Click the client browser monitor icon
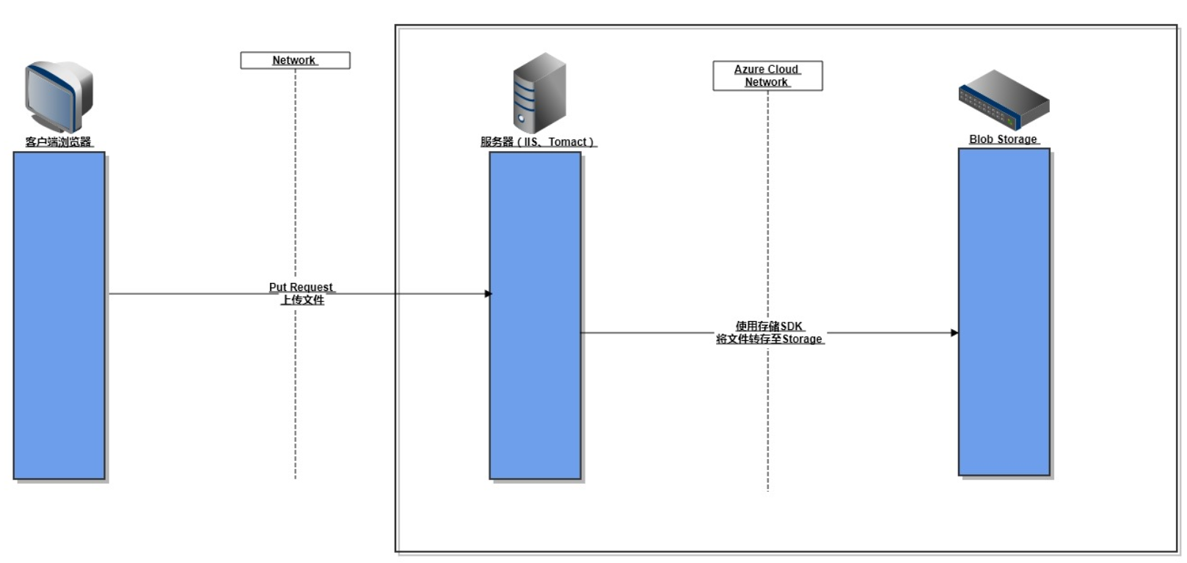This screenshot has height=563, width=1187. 59,95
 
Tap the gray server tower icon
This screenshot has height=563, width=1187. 539,93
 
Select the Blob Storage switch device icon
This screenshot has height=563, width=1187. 1004,100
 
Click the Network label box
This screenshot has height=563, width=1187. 295,60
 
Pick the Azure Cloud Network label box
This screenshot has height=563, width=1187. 767,76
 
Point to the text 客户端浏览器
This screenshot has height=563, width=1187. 59,141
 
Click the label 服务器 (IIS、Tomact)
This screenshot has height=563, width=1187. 538,141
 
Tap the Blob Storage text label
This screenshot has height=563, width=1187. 1003,139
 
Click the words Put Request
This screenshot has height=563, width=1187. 301,287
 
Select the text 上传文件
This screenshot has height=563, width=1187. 302,300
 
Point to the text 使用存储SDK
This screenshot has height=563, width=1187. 769,325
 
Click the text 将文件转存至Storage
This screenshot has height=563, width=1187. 770,339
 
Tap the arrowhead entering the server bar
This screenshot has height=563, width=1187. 488,294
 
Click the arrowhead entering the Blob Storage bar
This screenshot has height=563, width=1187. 954,333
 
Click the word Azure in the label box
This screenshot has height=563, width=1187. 749,69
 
